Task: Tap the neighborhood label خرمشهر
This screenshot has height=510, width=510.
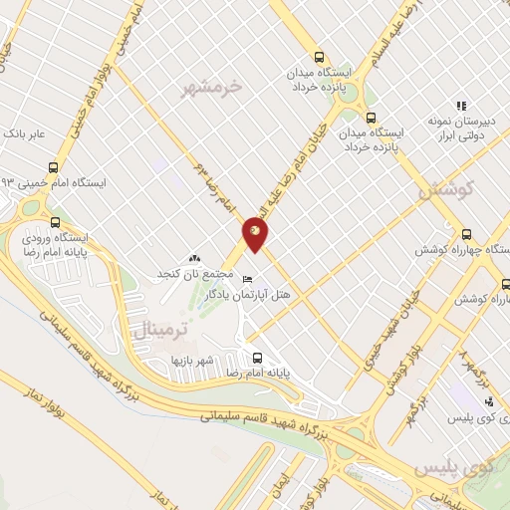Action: [x=212, y=89]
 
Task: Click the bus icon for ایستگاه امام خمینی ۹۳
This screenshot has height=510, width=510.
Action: [x=53, y=169]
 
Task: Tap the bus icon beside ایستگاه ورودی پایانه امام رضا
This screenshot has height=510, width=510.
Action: [x=54, y=223]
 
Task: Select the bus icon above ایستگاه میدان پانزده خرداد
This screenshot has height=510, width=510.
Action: [x=319, y=57]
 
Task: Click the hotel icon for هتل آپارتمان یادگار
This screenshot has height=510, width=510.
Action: [x=248, y=279]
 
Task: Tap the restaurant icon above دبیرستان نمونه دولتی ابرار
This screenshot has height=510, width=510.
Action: [x=460, y=106]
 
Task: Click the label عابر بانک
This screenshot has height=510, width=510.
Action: [x=25, y=131]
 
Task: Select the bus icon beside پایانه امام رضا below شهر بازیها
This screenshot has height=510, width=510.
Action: [x=257, y=358]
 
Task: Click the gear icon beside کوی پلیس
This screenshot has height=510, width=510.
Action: [x=488, y=401]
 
